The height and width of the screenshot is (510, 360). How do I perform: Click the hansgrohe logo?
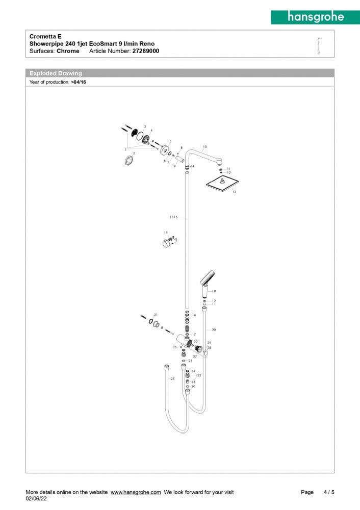315,17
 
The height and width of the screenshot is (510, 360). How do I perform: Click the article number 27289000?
145,51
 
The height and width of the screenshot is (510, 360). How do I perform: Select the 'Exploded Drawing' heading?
56,73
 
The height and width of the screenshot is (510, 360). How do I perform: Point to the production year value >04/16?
79,82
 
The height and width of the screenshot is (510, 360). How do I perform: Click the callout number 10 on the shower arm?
204,147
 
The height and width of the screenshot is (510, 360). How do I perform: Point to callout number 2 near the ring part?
134,153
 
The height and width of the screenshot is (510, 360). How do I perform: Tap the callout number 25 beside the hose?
172,379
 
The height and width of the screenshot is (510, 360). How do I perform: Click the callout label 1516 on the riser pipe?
173,217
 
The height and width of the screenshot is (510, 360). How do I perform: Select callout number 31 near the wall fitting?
156,314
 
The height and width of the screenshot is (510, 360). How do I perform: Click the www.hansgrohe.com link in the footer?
136,492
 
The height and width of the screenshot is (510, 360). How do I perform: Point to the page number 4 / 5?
329,492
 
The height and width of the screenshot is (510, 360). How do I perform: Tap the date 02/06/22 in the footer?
36,499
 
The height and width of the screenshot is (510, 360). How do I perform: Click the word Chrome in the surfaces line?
68,51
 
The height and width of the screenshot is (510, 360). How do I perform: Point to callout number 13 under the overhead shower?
234,192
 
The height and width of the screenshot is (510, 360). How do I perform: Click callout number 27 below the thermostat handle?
195,356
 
